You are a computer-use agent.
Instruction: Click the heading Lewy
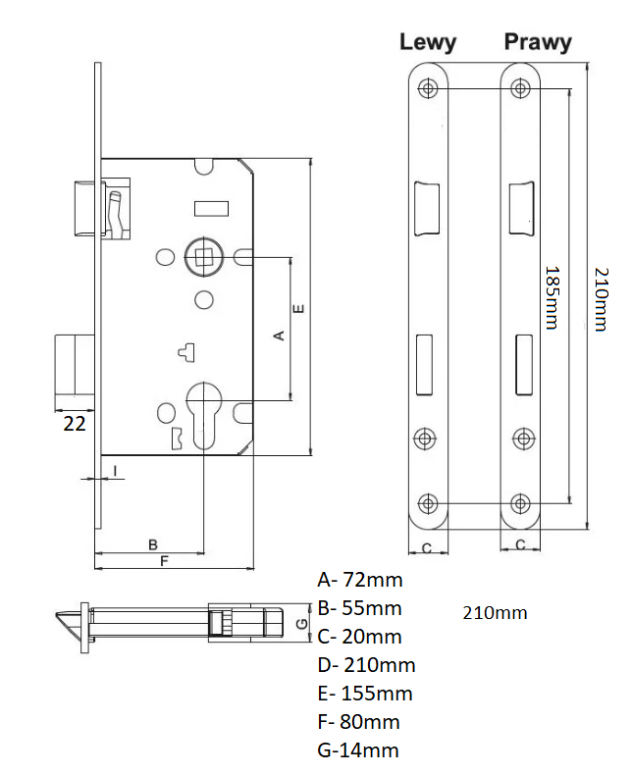(427, 42)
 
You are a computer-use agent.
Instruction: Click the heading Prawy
(537, 42)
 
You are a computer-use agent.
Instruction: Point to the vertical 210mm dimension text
(601, 296)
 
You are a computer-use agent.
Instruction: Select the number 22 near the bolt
(74, 424)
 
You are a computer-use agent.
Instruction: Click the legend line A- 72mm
(360, 580)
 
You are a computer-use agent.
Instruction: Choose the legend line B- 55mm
(360, 608)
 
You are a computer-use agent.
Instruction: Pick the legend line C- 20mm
(360, 637)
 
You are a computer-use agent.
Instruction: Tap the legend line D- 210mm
(366, 665)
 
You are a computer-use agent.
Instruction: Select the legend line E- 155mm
(365, 694)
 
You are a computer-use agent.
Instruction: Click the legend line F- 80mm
(359, 722)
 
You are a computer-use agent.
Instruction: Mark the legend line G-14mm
(358, 750)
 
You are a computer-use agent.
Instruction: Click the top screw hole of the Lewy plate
(428, 88)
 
